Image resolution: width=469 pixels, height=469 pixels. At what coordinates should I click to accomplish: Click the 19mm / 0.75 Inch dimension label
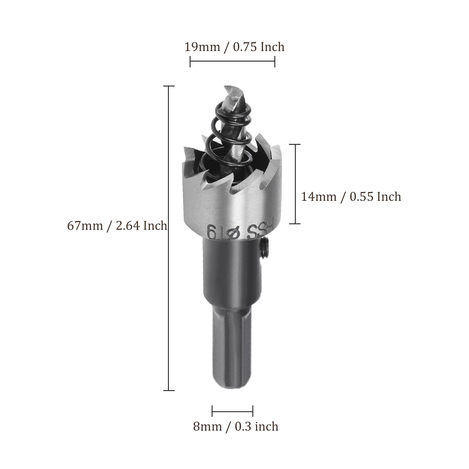pyautogui.click(x=234, y=47)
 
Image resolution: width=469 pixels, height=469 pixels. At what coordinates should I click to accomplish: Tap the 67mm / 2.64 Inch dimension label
pyautogui.click(x=117, y=226)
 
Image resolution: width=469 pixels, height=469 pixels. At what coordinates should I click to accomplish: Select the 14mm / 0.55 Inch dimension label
pyautogui.click(x=351, y=196)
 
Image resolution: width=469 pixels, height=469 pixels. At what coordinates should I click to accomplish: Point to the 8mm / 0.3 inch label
pyautogui.click(x=236, y=426)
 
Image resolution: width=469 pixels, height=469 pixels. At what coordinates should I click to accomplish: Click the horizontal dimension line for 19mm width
pyautogui.click(x=232, y=62)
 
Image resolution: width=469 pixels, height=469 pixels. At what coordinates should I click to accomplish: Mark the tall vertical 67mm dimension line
pyautogui.click(x=169, y=238)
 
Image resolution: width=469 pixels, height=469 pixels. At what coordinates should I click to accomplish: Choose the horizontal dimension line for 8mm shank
pyautogui.click(x=232, y=411)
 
